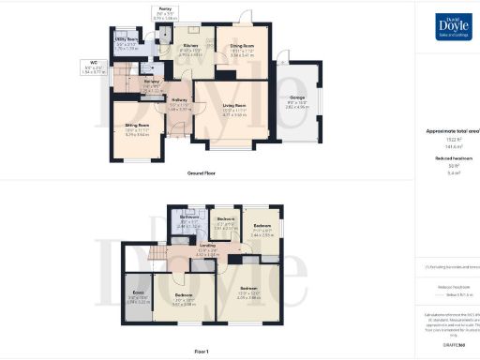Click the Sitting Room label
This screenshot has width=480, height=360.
[129, 127]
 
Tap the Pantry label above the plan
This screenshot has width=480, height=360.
[164, 8]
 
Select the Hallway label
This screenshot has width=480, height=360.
[180, 98]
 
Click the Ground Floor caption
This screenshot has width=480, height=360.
[199, 173]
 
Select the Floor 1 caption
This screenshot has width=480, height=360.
[201, 352]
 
